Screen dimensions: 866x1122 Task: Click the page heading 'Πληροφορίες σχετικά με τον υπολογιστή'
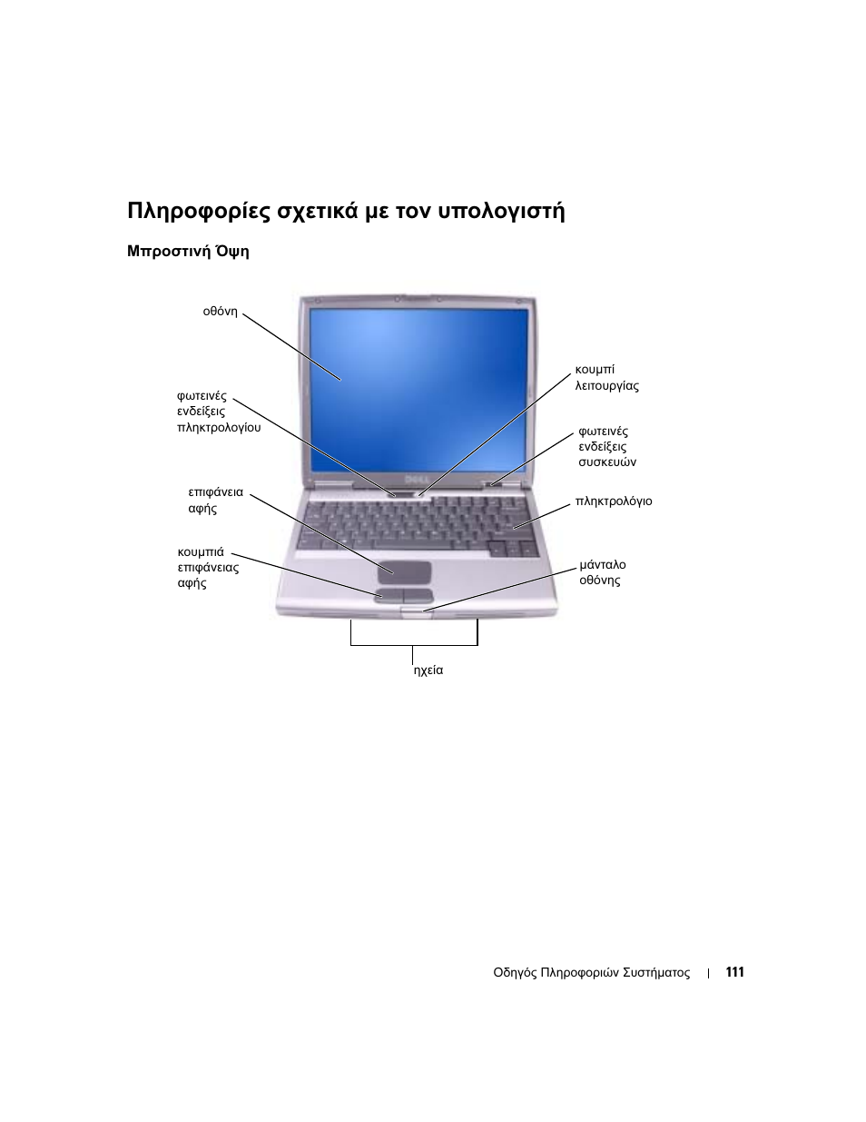pos(346,212)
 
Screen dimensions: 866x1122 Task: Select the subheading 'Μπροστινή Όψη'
pos(188,252)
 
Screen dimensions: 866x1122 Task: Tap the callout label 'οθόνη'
pos(220,312)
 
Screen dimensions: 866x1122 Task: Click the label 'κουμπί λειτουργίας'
pos(606,378)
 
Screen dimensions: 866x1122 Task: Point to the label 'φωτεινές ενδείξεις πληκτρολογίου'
pos(218,412)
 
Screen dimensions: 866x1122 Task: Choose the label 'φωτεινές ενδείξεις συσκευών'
pos(606,447)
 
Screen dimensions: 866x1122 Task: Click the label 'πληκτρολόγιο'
pos(614,501)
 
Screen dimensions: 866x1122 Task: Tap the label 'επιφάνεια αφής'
pos(215,501)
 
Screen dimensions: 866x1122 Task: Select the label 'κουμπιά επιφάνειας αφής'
pos(208,568)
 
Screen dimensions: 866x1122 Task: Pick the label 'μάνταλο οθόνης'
pos(602,572)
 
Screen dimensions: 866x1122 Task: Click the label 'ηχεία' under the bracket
pos(428,670)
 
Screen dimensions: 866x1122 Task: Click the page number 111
pos(734,972)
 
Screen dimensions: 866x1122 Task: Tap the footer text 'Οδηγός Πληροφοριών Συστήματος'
pos(591,973)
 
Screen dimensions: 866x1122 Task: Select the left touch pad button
pos(389,595)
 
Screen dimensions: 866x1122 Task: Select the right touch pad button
pos(418,595)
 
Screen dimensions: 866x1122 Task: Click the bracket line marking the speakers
pos(414,645)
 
